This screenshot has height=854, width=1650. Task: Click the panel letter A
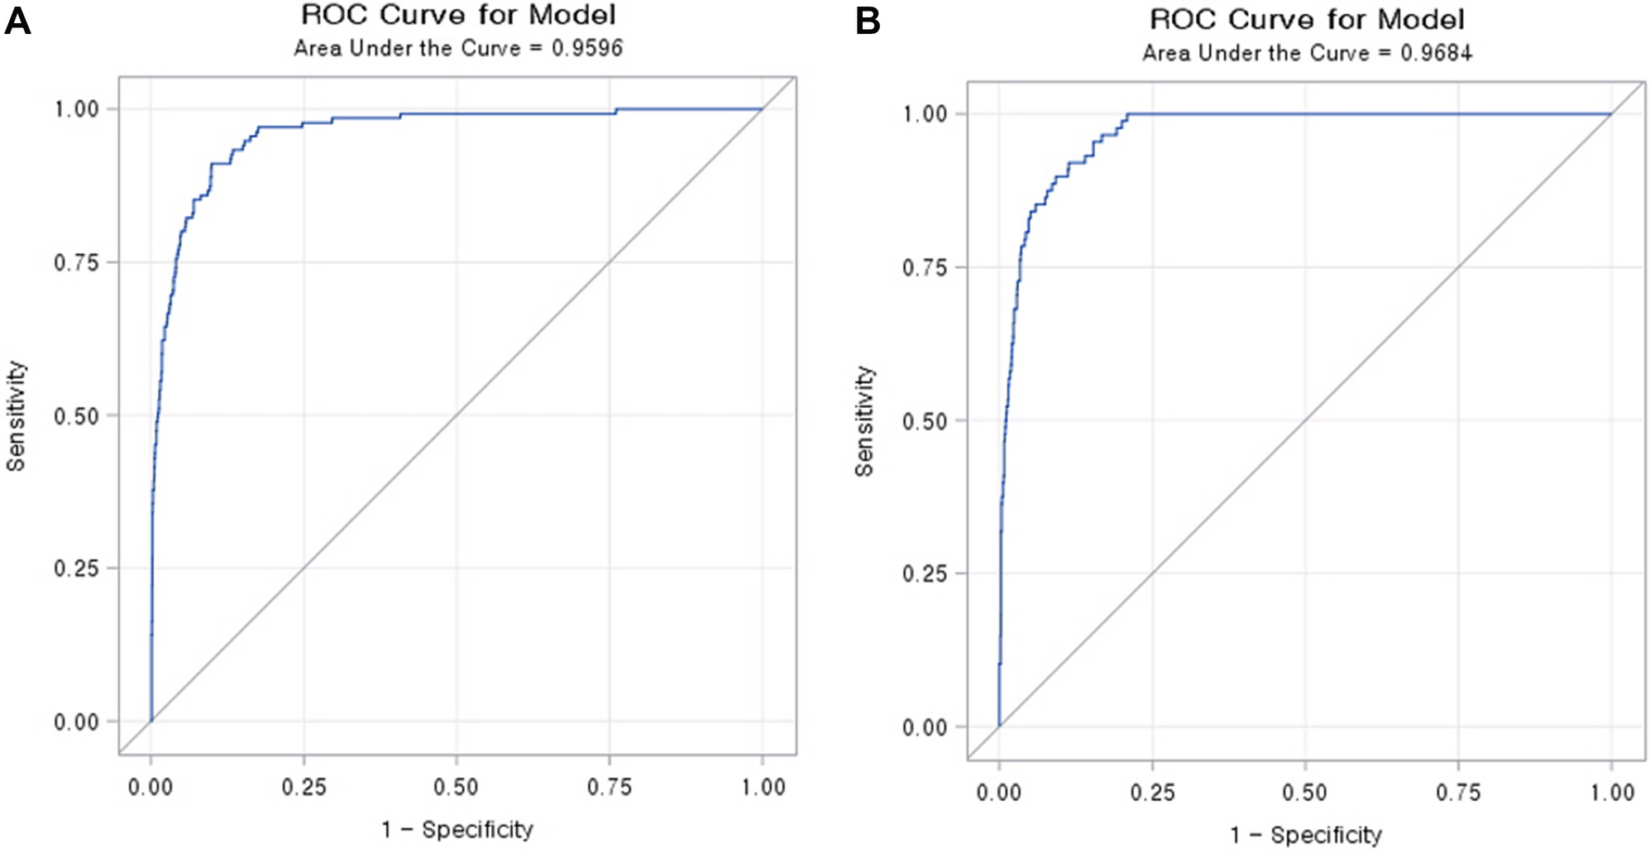point(17,21)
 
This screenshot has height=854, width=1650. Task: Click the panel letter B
point(868,21)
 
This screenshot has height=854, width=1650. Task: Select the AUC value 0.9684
point(1436,53)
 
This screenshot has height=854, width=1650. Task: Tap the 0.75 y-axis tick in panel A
point(76,262)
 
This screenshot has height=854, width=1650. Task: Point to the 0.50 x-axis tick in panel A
point(456,787)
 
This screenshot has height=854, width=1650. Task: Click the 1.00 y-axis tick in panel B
point(925,114)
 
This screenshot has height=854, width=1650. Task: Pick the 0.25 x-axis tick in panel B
point(1152,792)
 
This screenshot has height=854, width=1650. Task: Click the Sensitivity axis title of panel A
point(17,416)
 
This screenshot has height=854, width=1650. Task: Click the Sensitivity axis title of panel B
point(864,421)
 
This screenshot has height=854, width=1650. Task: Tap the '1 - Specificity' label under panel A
point(457,829)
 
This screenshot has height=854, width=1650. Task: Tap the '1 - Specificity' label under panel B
point(1306,834)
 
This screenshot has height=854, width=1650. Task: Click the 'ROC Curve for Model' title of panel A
point(458,15)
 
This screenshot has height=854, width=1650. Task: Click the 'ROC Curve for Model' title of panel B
point(1307,19)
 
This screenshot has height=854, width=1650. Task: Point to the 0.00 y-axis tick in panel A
point(76,722)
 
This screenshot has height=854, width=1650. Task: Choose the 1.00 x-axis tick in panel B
point(1612,792)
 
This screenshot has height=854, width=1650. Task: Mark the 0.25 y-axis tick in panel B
point(925,573)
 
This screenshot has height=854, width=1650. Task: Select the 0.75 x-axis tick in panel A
point(610,787)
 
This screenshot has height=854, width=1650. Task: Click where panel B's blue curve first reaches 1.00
point(1128,114)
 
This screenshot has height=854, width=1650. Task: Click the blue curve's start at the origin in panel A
point(151,721)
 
